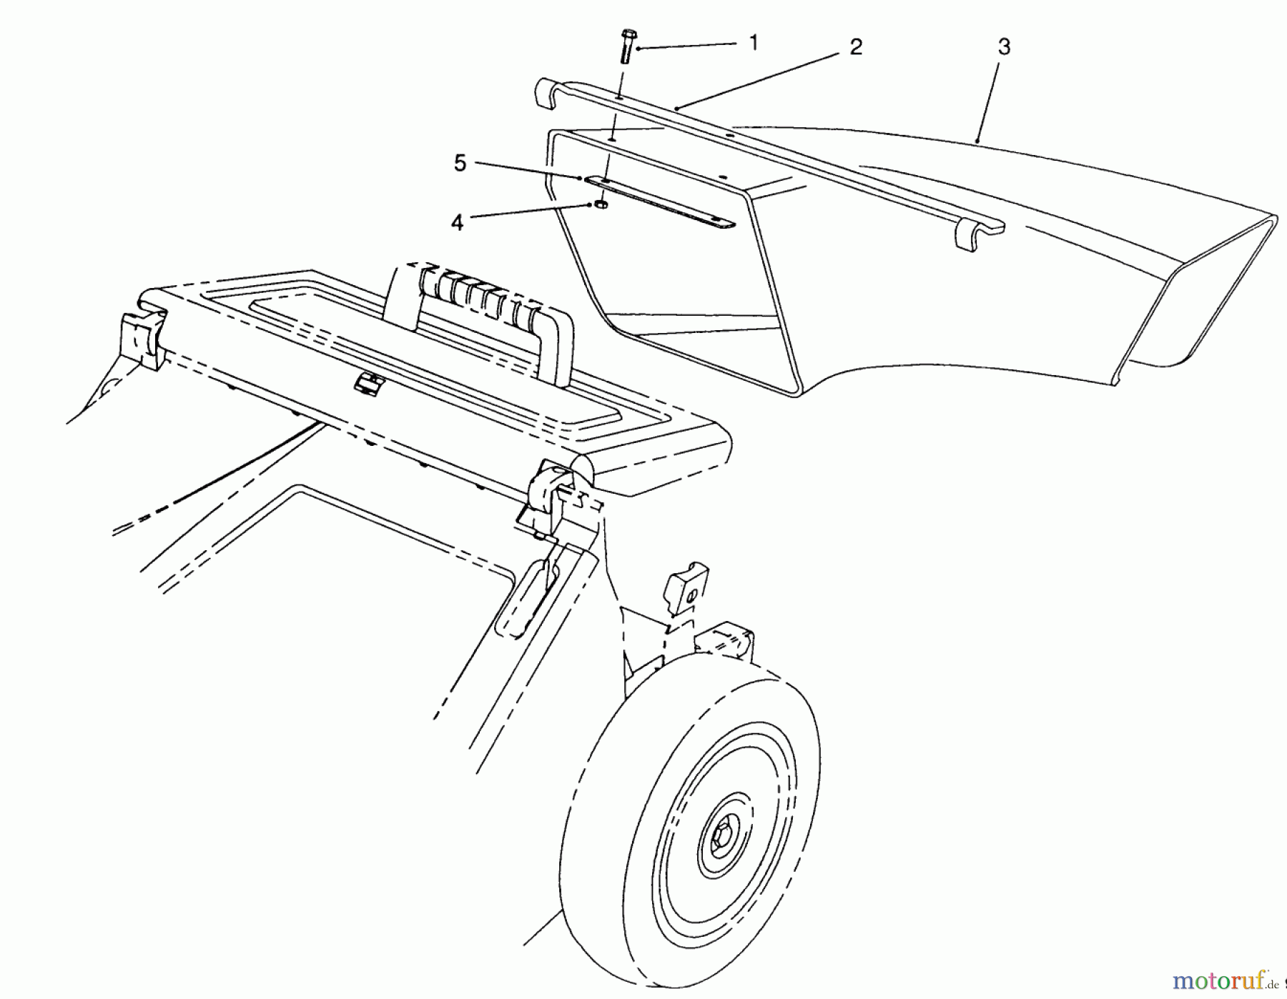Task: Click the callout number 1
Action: [x=753, y=43]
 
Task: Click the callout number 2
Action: [x=856, y=47]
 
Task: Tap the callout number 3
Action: [x=1004, y=47]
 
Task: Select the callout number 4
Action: [x=457, y=222]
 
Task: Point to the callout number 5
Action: [x=460, y=164]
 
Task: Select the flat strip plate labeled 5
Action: [x=658, y=203]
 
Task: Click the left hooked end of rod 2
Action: [x=547, y=93]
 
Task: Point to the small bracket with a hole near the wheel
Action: [x=686, y=587]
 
